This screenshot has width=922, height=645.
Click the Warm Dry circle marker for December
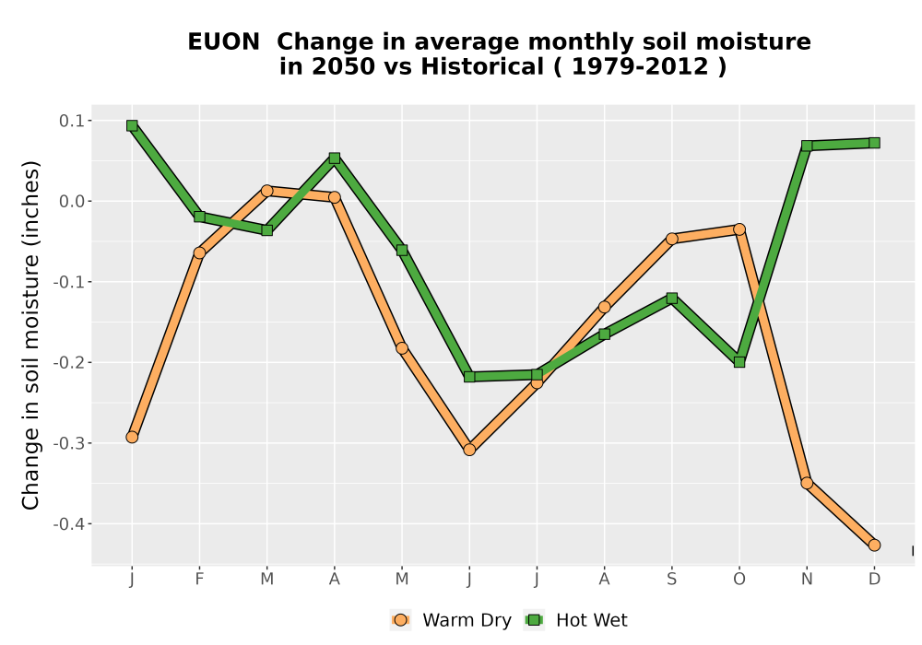tap(874, 545)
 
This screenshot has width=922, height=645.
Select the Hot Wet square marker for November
tap(807, 146)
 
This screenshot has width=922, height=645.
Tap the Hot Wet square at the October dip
tap(739, 362)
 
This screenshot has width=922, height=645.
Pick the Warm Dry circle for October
tap(739, 229)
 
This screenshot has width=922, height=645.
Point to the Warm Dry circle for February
tap(199, 253)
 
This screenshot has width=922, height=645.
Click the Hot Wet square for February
tap(199, 217)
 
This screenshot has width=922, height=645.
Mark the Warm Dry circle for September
tap(671, 239)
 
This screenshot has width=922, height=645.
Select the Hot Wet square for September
tap(671, 299)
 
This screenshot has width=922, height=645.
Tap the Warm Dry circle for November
tap(807, 484)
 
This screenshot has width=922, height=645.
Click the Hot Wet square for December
tap(874, 143)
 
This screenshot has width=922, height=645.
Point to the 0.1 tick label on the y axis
tap(72, 121)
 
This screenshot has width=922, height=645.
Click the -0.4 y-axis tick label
tap(69, 524)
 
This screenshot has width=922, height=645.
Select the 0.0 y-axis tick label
tap(72, 202)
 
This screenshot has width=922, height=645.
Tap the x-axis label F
tap(199, 580)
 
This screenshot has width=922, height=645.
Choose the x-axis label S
tap(671, 580)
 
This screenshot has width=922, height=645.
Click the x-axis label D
tap(874, 580)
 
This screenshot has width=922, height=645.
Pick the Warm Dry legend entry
tap(451, 620)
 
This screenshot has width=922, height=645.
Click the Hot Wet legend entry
tap(575, 620)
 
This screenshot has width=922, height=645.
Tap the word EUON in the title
tap(223, 42)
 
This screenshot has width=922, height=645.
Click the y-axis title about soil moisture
tap(30, 335)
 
